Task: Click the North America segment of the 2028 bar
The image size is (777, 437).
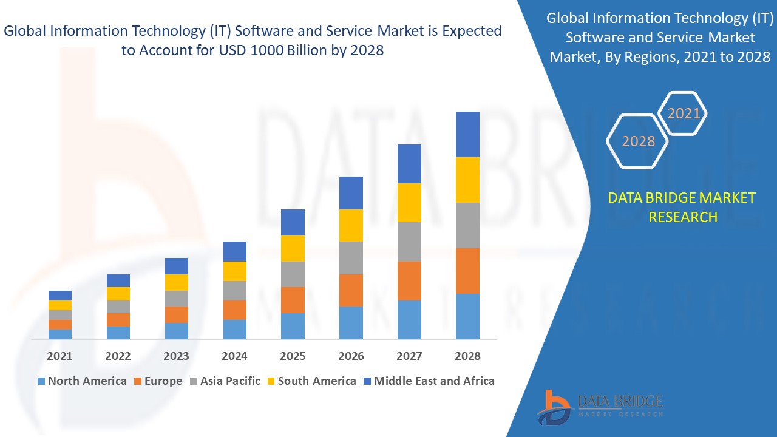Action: click(x=467, y=316)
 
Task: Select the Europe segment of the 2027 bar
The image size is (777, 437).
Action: click(x=409, y=280)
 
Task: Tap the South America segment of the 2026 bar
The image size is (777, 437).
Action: click(x=351, y=225)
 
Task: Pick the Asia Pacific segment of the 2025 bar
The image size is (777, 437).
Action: click(x=293, y=274)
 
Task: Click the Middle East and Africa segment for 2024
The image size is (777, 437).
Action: click(x=235, y=251)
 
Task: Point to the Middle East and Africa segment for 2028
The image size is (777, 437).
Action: click(x=467, y=134)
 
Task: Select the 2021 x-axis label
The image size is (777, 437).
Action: click(x=59, y=356)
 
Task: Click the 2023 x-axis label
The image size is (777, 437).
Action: click(x=176, y=356)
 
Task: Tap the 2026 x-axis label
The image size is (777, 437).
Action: click(x=351, y=356)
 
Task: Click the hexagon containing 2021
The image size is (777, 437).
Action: click(x=684, y=113)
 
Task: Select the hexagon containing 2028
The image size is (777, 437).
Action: click(x=638, y=141)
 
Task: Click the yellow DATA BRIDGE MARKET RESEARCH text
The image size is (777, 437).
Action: click(x=682, y=207)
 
